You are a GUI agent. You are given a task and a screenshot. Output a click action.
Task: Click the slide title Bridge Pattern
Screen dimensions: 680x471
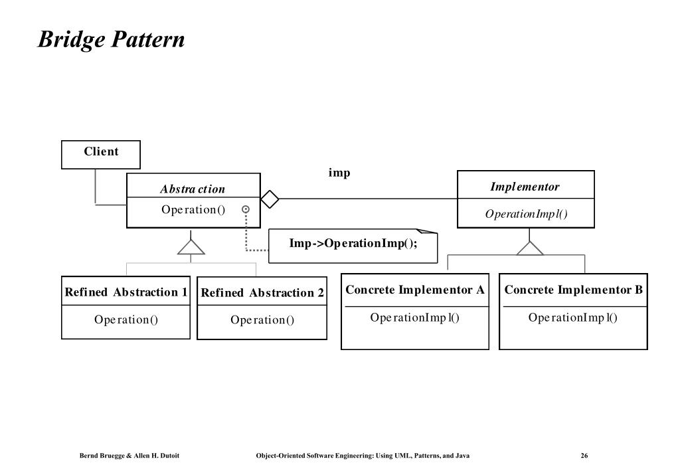point(112,39)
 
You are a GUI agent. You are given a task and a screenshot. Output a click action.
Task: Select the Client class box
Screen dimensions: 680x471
point(101,154)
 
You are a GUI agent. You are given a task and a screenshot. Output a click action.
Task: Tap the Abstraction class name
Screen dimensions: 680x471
point(193,189)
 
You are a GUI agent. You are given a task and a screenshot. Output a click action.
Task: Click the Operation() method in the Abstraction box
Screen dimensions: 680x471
point(193,210)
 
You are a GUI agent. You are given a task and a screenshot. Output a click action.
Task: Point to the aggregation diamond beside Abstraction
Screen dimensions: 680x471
point(270,199)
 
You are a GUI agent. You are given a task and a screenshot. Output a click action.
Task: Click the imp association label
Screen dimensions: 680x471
point(339,173)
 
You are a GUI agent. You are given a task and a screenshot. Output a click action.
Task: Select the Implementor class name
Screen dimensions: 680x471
point(525,187)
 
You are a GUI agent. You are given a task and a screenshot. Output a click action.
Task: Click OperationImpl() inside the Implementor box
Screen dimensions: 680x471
point(526,214)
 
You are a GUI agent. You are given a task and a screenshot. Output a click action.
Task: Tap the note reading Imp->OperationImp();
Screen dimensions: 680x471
point(353,246)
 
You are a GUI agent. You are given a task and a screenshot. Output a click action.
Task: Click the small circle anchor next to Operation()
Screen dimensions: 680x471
point(246,209)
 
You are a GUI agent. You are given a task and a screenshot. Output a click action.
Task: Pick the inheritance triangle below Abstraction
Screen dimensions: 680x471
point(191,246)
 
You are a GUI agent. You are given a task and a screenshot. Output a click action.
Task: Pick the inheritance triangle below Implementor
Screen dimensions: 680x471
point(529,248)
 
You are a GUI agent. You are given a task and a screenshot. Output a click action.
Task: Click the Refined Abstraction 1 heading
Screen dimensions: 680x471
point(126,292)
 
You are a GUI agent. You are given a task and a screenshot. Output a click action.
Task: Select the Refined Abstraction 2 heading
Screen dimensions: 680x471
point(262,293)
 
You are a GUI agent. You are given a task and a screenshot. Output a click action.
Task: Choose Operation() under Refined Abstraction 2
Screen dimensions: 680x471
point(262,320)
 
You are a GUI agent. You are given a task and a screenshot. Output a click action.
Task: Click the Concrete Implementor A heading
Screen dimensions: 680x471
point(414,290)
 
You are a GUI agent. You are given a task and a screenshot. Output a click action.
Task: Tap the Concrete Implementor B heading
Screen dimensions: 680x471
point(573,290)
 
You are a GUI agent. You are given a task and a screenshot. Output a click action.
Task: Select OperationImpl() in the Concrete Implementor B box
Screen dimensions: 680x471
point(573,318)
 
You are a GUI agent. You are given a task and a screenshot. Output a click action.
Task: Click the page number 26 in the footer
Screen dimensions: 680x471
point(584,455)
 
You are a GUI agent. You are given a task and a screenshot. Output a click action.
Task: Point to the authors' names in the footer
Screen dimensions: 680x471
point(129,456)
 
